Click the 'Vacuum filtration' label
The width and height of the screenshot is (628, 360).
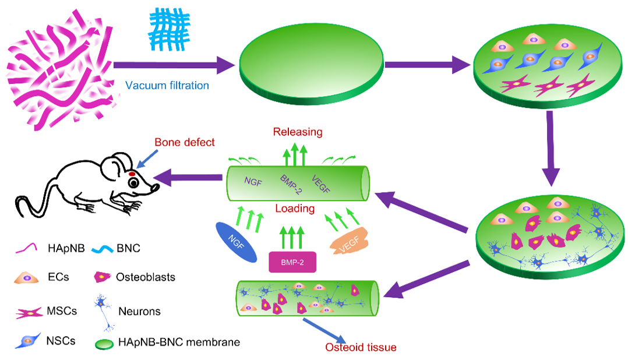[167, 86]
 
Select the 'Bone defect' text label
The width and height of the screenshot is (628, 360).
[185, 143]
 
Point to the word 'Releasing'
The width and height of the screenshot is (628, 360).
[298, 132]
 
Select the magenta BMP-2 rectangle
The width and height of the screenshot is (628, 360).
[295, 262]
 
